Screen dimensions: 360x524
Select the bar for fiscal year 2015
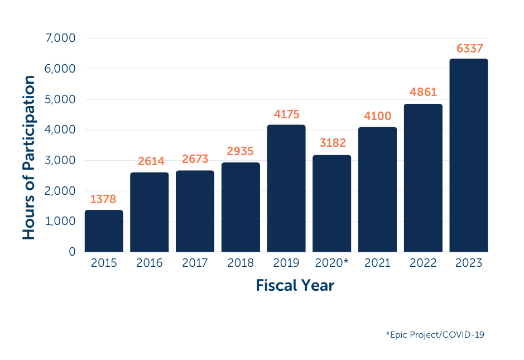pyautogui.click(x=104, y=231)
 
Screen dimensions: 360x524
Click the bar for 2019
pyautogui.click(x=286, y=188)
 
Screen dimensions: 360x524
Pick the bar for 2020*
pyautogui.click(x=332, y=203)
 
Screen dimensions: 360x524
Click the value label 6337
pyautogui.click(x=469, y=49)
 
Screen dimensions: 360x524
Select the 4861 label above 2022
pyautogui.click(x=424, y=92)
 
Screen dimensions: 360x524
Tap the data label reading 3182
pyautogui.click(x=333, y=143)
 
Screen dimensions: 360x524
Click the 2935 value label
pyautogui.click(x=241, y=151)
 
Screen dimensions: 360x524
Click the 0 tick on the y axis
pyautogui.click(x=71, y=252)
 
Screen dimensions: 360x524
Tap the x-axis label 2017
pyautogui.click(x=195, y=263)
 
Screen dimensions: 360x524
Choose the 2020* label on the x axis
pyautogui.click(x=332, y=263)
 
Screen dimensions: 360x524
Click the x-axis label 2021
pyautogui.click(x=378, y=263)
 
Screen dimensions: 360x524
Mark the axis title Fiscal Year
pyautogui.click(x=295, y=286)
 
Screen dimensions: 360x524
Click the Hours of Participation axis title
pyautogui.click(x=29, y=158)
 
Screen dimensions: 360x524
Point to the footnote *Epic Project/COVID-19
pyautogui.click(x=435, y=335)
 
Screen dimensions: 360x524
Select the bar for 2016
pyautogui.click(x=150, y=212)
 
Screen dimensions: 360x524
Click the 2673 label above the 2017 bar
pyautogui.click(x=195, y=159)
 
